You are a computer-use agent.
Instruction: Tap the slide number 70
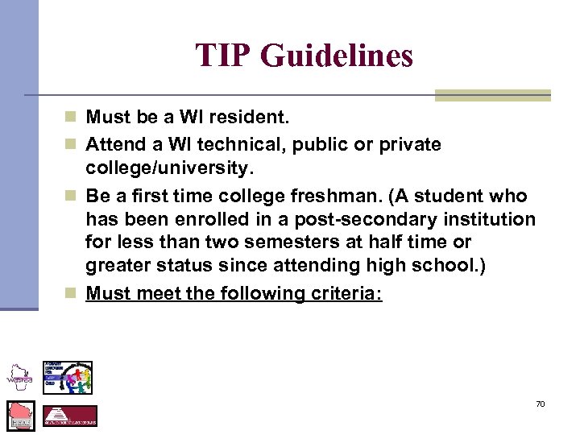point(540,404)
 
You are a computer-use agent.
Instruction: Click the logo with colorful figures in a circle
point(68,377)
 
